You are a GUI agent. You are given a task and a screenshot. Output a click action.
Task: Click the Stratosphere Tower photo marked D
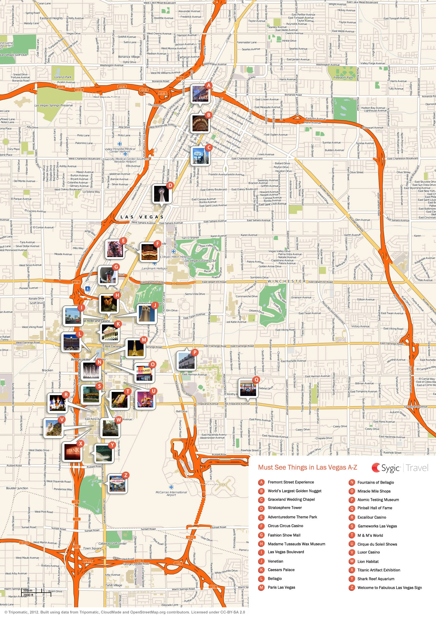(x=161, y=194)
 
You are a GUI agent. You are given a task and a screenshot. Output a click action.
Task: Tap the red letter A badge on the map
(x=208, y=86)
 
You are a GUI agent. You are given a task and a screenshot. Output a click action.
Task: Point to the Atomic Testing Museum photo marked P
(x=186, y=361)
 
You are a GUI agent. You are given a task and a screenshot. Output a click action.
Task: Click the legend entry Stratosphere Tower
(x=285, y=508)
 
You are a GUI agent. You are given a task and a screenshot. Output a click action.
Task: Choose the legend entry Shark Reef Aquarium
(x=376, y=579)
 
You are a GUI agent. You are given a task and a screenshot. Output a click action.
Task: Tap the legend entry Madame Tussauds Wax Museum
(x=296, y=544)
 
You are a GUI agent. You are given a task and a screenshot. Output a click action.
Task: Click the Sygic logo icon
(x=376, y=468)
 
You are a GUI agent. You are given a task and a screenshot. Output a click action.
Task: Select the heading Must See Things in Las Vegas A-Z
(x=307, y=468)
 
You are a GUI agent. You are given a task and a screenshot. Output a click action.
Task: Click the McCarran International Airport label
(x=171, y=494)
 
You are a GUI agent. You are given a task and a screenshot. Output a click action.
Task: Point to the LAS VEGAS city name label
(x=142, y=217)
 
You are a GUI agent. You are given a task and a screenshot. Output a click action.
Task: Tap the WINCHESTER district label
(x=286, y=281)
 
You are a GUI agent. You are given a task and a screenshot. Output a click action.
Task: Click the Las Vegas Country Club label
(x=200, y=260)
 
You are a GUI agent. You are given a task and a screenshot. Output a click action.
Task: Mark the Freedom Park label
(x=343, y=78)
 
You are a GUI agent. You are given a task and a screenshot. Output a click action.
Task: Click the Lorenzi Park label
(x=63, y=77)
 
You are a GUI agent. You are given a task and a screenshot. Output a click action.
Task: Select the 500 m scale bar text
(x=28, y=590)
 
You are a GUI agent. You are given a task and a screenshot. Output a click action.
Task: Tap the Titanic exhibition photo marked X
(x=73, y=451)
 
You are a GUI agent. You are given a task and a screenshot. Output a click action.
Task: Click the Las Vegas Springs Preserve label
(x=53, y=105)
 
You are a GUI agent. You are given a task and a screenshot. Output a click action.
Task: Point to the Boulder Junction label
(x=17, y=488)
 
